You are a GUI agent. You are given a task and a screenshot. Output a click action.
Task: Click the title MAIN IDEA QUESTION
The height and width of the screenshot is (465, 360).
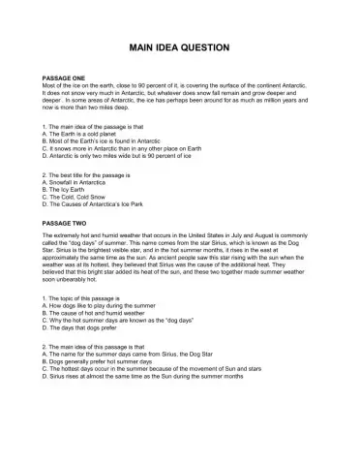click(x=179, y=46)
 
